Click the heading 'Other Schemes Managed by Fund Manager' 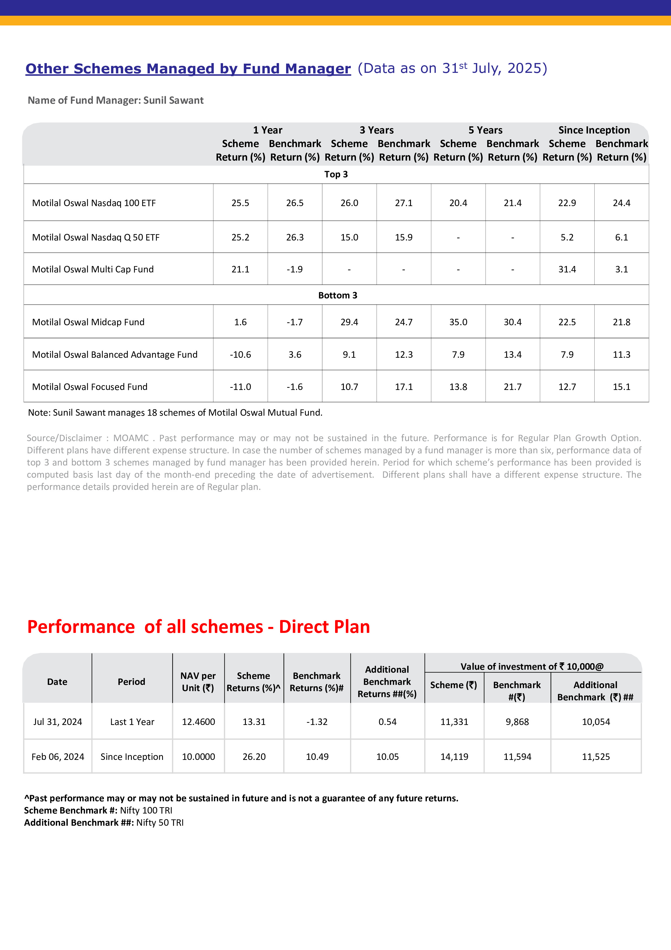point(188,69)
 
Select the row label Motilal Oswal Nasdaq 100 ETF point(94,203)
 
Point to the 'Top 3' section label point(336,174)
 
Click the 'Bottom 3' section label point(337,295)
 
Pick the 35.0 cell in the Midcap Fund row point(458,322)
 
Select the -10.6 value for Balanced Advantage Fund point(240,354)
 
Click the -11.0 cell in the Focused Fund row point(240,387)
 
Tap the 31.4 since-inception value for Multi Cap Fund point(567,269)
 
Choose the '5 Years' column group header point(485,130)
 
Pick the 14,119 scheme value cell point(454,757)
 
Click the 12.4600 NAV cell point(198,722)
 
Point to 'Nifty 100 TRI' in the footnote point(146,810)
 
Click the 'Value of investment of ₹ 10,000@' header point(532,666)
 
